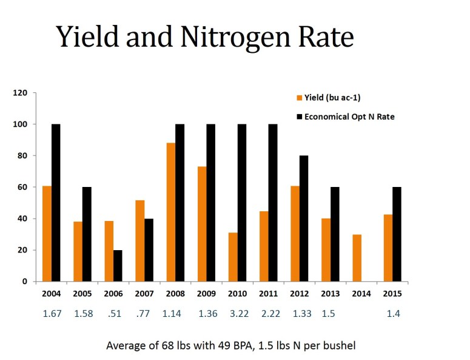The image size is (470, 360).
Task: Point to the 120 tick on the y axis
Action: (x=22, y=93)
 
